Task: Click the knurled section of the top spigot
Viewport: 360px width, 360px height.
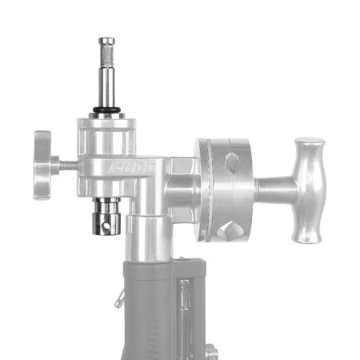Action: [106, 58]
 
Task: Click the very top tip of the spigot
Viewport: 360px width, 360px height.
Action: [106, 39]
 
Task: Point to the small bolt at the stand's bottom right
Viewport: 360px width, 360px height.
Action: [214, 351]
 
